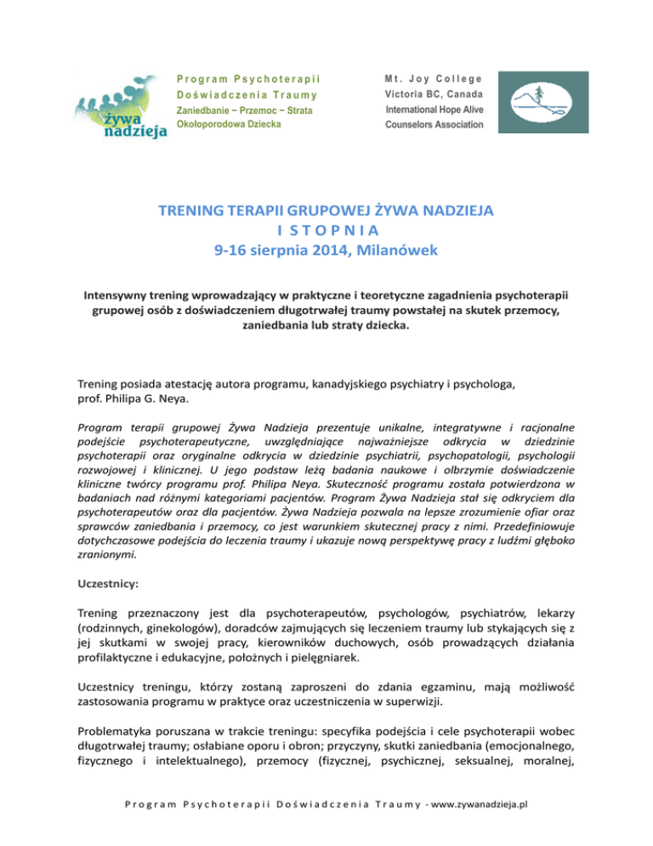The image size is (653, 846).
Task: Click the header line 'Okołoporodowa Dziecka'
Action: click(x=229, y=124)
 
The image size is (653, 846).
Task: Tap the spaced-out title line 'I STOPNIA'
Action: click(x=326, y=230)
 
